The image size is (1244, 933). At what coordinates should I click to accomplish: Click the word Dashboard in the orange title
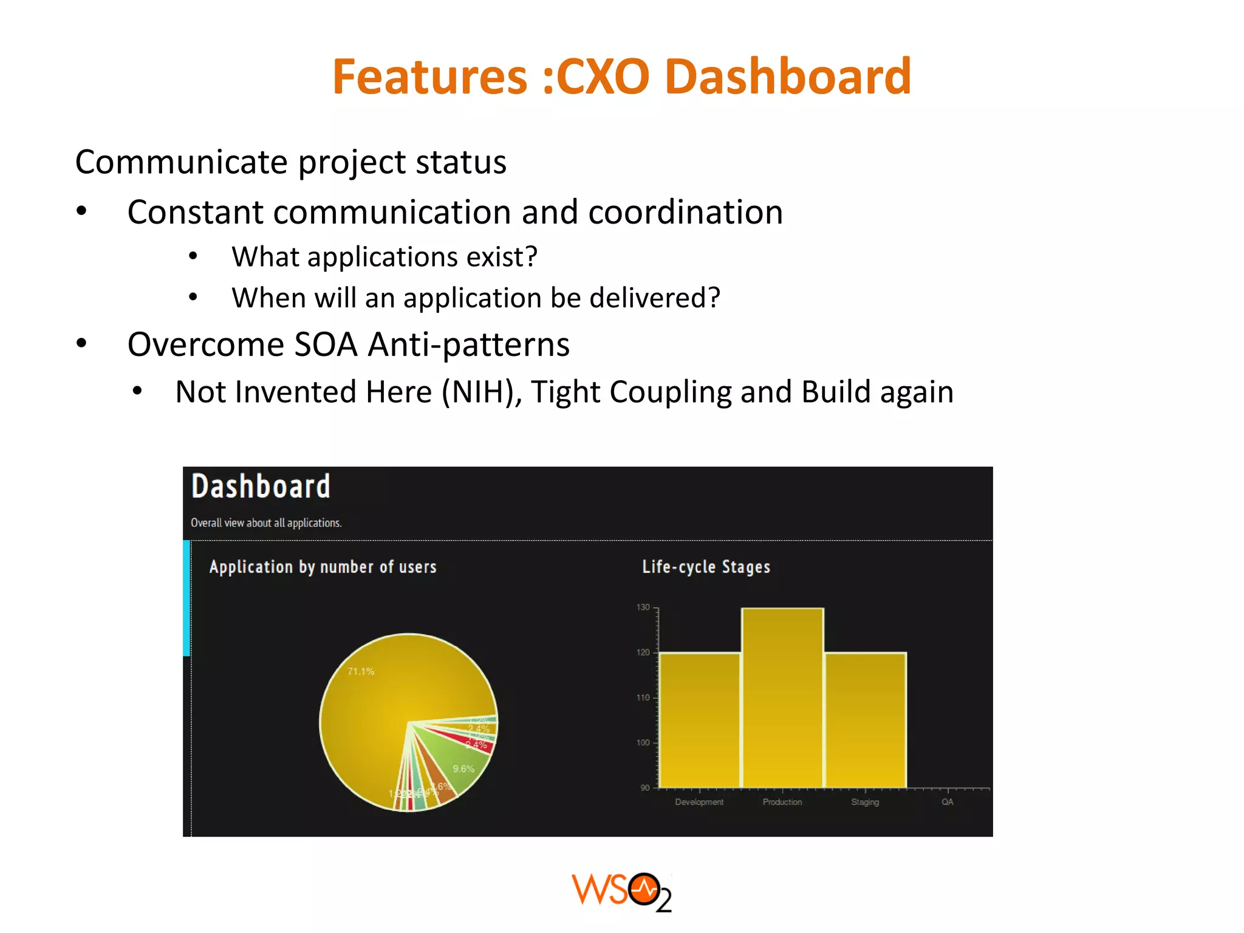click(x=788, y=77)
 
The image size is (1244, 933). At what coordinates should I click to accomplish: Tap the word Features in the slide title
click(x=429, y=77)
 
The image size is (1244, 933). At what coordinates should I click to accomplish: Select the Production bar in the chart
click(x=782, y=699)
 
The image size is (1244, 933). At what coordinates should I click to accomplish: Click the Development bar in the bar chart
click(x=700, y=720)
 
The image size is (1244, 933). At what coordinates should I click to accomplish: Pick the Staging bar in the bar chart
click(x=865, y=720)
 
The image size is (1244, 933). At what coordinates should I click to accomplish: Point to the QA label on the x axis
click(x=948, y=802)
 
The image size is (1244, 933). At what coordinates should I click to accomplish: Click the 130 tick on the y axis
click(x=643, y=607)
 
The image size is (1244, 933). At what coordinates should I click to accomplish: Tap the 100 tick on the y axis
click(x=643, y=743)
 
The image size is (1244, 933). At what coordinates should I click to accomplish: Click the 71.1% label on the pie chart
click(x=361, y=671)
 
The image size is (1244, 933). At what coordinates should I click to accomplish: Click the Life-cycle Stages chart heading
click(x=706, y=567)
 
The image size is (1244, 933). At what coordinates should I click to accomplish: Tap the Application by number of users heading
click(x=323, y=567)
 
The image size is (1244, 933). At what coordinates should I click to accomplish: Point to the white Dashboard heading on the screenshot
click(x=261, y=487)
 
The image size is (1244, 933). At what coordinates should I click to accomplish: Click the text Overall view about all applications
click(x=266, y=523)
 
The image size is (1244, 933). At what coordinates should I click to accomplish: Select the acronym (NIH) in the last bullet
click(x=481, y=392)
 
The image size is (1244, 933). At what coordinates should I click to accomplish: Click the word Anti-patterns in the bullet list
click(x=468, y=344)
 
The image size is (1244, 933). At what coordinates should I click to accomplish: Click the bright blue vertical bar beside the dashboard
click(x=186, y=598)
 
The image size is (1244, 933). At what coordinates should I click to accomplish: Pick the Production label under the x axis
click(x=782, y=802)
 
